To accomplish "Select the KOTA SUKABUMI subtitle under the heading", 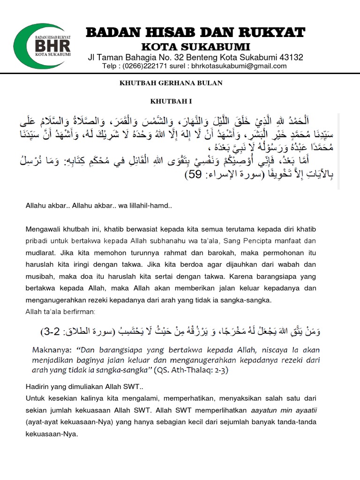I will pos(196,47).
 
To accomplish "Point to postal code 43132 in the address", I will pos(291,58).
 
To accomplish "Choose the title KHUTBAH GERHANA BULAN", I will pos(169,83).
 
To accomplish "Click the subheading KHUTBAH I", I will pos(169,101).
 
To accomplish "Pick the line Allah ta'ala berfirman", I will pos(60,311).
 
